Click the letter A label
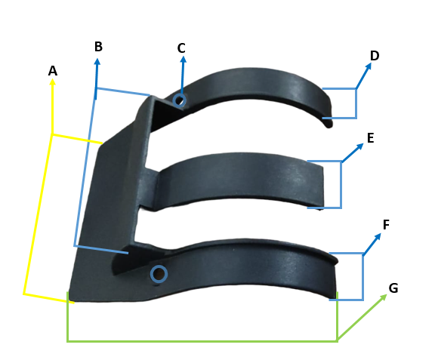53,71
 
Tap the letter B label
98,47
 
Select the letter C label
181,48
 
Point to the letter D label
375,56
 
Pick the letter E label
371,138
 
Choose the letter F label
386,225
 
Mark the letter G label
393,288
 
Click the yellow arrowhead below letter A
52,82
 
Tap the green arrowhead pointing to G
384,297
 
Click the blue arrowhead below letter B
97,61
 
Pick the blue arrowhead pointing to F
378,237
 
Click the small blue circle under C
179,100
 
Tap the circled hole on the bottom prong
159,274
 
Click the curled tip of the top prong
329,124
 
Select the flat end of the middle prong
322,186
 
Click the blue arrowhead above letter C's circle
183,60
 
